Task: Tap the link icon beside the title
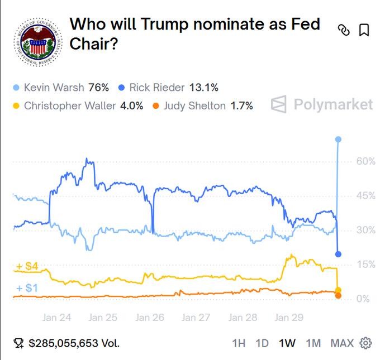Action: pos(344,31)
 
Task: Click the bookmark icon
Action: pos(364,30)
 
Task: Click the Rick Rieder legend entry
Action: pos(168,88)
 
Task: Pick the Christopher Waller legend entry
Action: pos(78,105)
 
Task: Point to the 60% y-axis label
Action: pos(365,161)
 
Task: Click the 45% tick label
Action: pos(365,196)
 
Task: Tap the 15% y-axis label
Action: pos(365,265)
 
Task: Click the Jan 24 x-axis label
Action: pos(56,318)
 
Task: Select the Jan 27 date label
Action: pos(196,318)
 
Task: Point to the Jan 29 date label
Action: pos(289,318)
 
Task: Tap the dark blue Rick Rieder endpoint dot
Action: pos(338,255)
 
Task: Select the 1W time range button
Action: pos(287,343)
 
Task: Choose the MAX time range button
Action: pos(342,343)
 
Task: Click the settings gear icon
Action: pos(366,343)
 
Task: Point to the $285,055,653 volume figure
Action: pos(74,343)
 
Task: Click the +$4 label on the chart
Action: pos(27,267)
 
